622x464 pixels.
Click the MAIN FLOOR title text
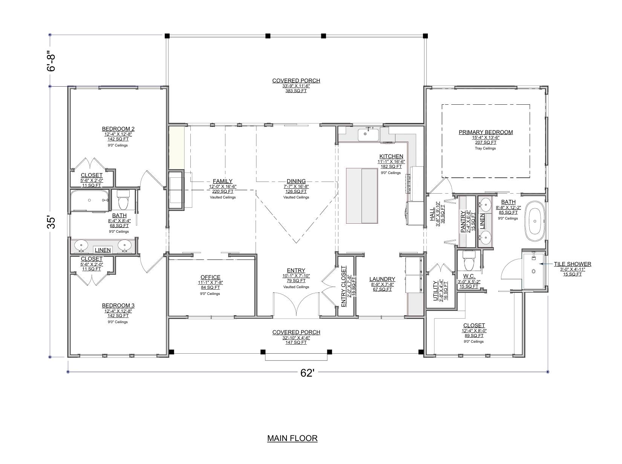[x=292, y=438]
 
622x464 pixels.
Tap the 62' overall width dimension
[x=308, y=373]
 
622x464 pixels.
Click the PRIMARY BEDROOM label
[x=486, y=132]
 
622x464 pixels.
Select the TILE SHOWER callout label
[x=572, y=264]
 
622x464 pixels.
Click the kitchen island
[x=362, y=196]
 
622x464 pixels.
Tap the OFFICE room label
[x=210, y=277]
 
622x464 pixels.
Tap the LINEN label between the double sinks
[x=103, y=250]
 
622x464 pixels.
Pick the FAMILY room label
[x=222, y=181]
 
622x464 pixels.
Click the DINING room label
[x=296, y=181]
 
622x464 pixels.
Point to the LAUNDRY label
[x=382, y=279]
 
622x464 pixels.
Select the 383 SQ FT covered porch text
[x=296, y=91]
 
